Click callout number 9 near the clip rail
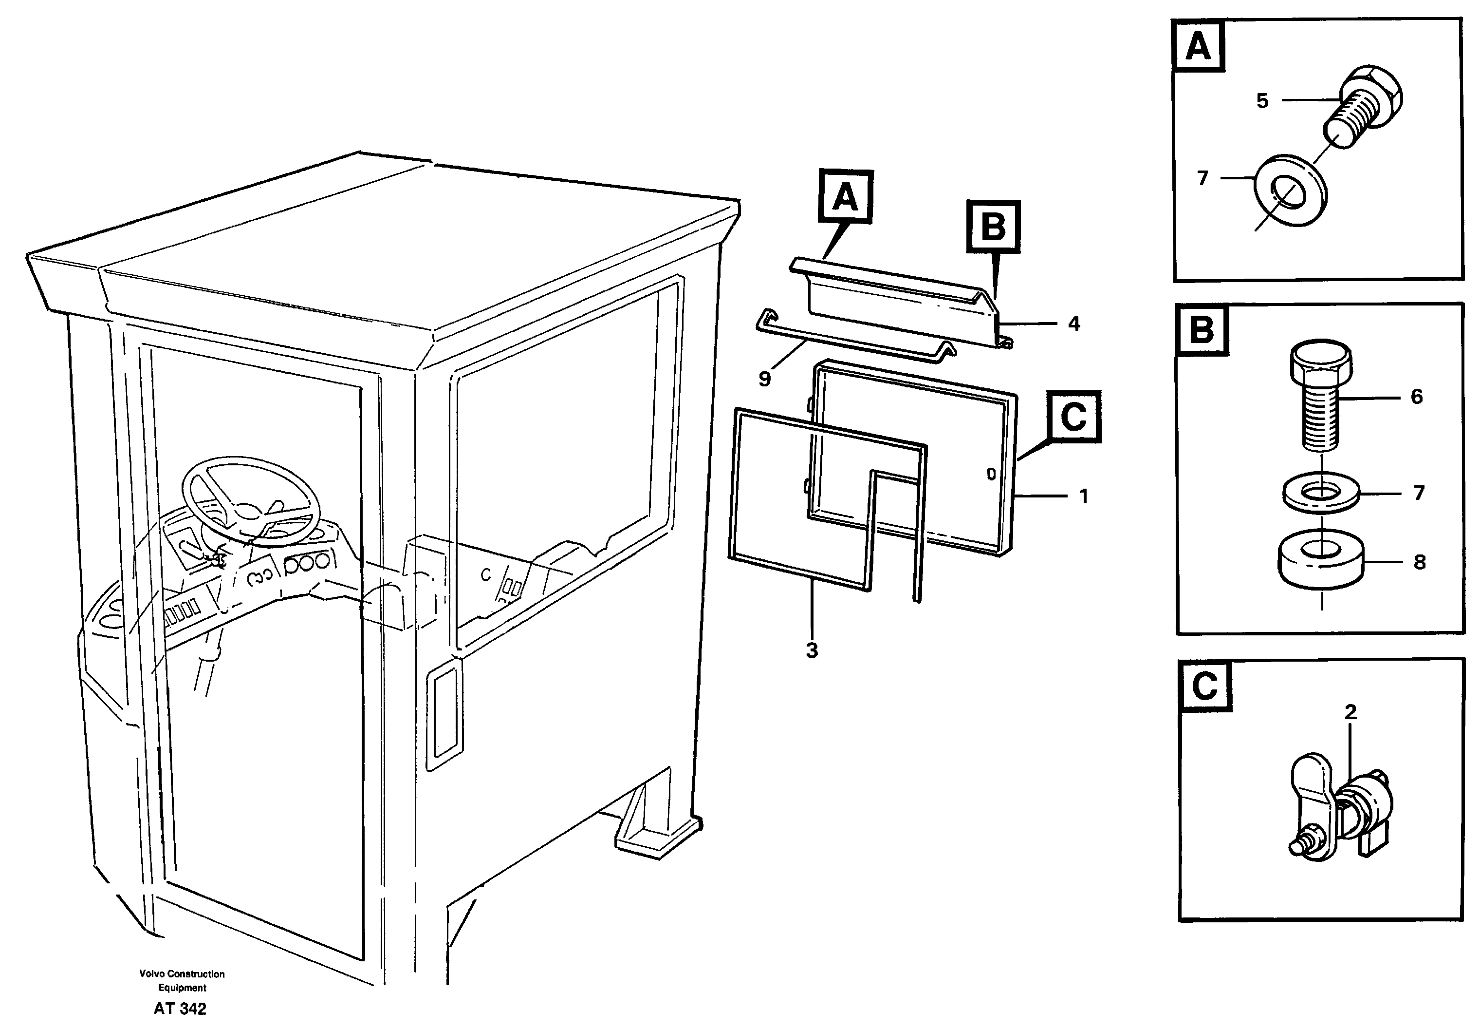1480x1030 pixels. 764,379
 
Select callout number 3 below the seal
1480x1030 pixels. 812,650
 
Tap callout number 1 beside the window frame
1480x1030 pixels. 1084,496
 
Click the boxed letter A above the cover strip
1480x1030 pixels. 846,197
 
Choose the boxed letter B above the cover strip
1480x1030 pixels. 993,227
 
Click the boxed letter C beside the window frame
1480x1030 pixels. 1074,417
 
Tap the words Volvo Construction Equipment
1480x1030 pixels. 182,980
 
